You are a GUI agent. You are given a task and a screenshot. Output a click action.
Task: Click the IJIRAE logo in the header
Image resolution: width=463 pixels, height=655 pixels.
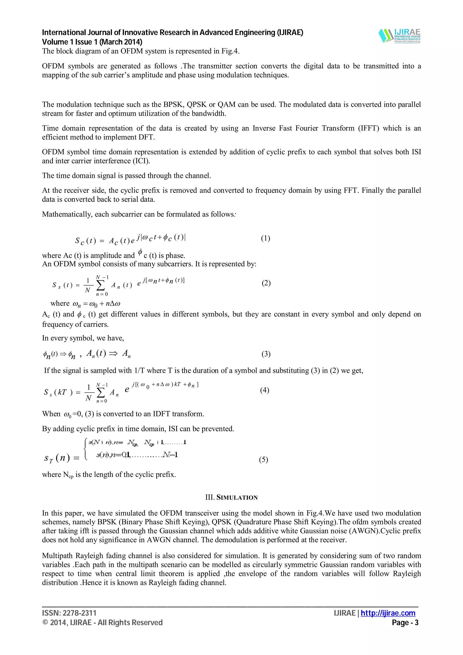tap(400, 36)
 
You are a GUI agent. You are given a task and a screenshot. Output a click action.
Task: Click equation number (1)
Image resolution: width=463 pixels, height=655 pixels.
tap(265, 238)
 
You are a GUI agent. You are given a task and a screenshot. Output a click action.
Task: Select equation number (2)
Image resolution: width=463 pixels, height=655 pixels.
tap(266, 283)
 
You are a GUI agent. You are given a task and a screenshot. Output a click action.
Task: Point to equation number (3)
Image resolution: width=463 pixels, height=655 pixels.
tap(266, 354)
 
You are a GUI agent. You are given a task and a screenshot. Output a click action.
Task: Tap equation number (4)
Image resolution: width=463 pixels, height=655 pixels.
tap(265, 390)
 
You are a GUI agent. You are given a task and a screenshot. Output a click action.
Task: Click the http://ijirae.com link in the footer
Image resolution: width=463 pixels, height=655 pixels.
tap(388, 613)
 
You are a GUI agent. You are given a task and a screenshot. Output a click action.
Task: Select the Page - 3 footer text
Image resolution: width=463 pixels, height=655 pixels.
tap(405, 623)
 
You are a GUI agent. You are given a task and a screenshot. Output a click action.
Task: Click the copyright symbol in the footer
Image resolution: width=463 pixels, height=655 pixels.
tap(45, 623)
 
